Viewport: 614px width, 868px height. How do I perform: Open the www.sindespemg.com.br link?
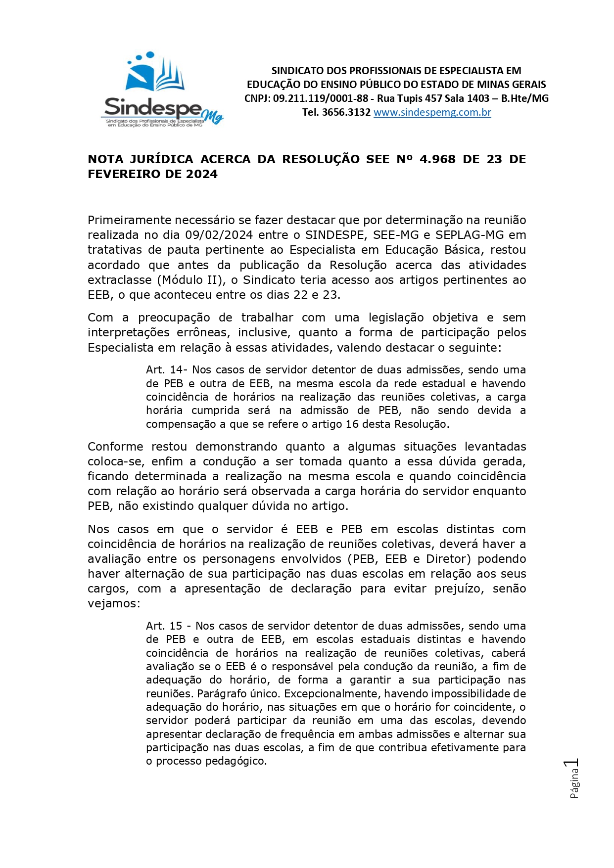432,112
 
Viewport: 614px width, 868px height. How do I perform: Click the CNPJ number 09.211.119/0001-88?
320,98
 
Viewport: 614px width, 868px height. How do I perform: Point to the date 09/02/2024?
219,235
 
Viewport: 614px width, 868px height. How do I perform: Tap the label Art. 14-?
167,370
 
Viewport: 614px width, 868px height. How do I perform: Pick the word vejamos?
112,603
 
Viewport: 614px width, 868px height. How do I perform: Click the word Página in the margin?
574,784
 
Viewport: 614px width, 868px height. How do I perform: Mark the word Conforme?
115,447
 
